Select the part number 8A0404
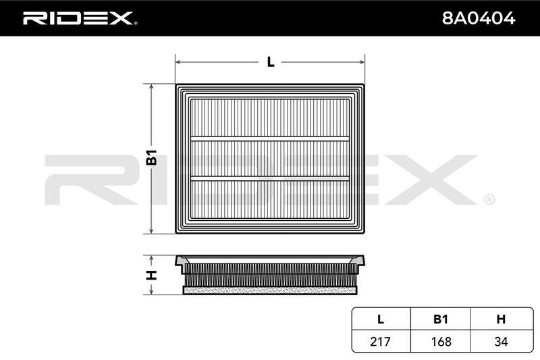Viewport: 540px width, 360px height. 479,18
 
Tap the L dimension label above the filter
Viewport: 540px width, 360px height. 271,62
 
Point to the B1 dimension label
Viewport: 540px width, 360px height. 151,157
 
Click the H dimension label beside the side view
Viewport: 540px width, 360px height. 151,275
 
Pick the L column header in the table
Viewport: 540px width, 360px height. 380,319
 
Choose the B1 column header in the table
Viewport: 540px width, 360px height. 441,319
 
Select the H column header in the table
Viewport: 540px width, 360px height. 501,319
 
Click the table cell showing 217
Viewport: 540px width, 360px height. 380,341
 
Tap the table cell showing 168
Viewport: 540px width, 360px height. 441,341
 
